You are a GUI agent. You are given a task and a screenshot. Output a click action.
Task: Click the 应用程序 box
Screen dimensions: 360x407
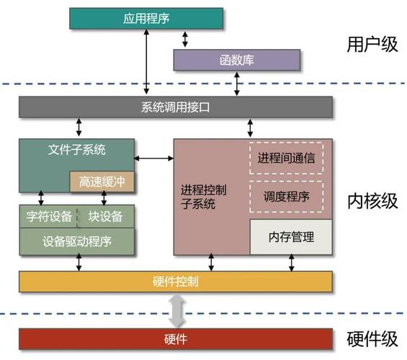tap(146, 18)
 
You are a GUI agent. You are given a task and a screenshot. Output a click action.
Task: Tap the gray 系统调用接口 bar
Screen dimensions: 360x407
tap(176, 107)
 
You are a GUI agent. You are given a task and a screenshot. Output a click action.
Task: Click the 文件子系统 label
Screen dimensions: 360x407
tap(77, 150)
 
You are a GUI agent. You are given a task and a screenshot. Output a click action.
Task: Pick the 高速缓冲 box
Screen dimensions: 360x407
tap(102, 182)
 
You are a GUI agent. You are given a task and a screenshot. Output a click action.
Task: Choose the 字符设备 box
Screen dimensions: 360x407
tap(48, 216)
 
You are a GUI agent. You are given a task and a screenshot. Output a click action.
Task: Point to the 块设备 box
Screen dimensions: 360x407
tap(106, 216)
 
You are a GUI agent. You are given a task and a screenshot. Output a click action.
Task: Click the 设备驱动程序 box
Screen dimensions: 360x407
tap(77, 240)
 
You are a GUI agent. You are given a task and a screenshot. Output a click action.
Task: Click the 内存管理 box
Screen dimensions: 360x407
tap(291, 236)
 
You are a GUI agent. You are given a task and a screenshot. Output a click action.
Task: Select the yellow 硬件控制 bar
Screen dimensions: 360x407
tap(176, 281)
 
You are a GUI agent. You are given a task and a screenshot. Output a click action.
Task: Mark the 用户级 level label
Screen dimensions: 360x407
tap(372, 45)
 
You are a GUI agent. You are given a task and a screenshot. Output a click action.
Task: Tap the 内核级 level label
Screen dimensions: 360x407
tap(372, 200)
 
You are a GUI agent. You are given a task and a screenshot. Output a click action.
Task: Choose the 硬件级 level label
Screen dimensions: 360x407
tap(372, 338)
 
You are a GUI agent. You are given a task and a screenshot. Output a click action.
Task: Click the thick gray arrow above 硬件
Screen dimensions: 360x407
tap(176, 310)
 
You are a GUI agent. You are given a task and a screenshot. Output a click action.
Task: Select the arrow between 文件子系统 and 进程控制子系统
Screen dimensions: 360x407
tap(153, 157)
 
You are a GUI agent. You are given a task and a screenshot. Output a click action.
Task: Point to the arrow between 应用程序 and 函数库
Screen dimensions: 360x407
tap(186, 39)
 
